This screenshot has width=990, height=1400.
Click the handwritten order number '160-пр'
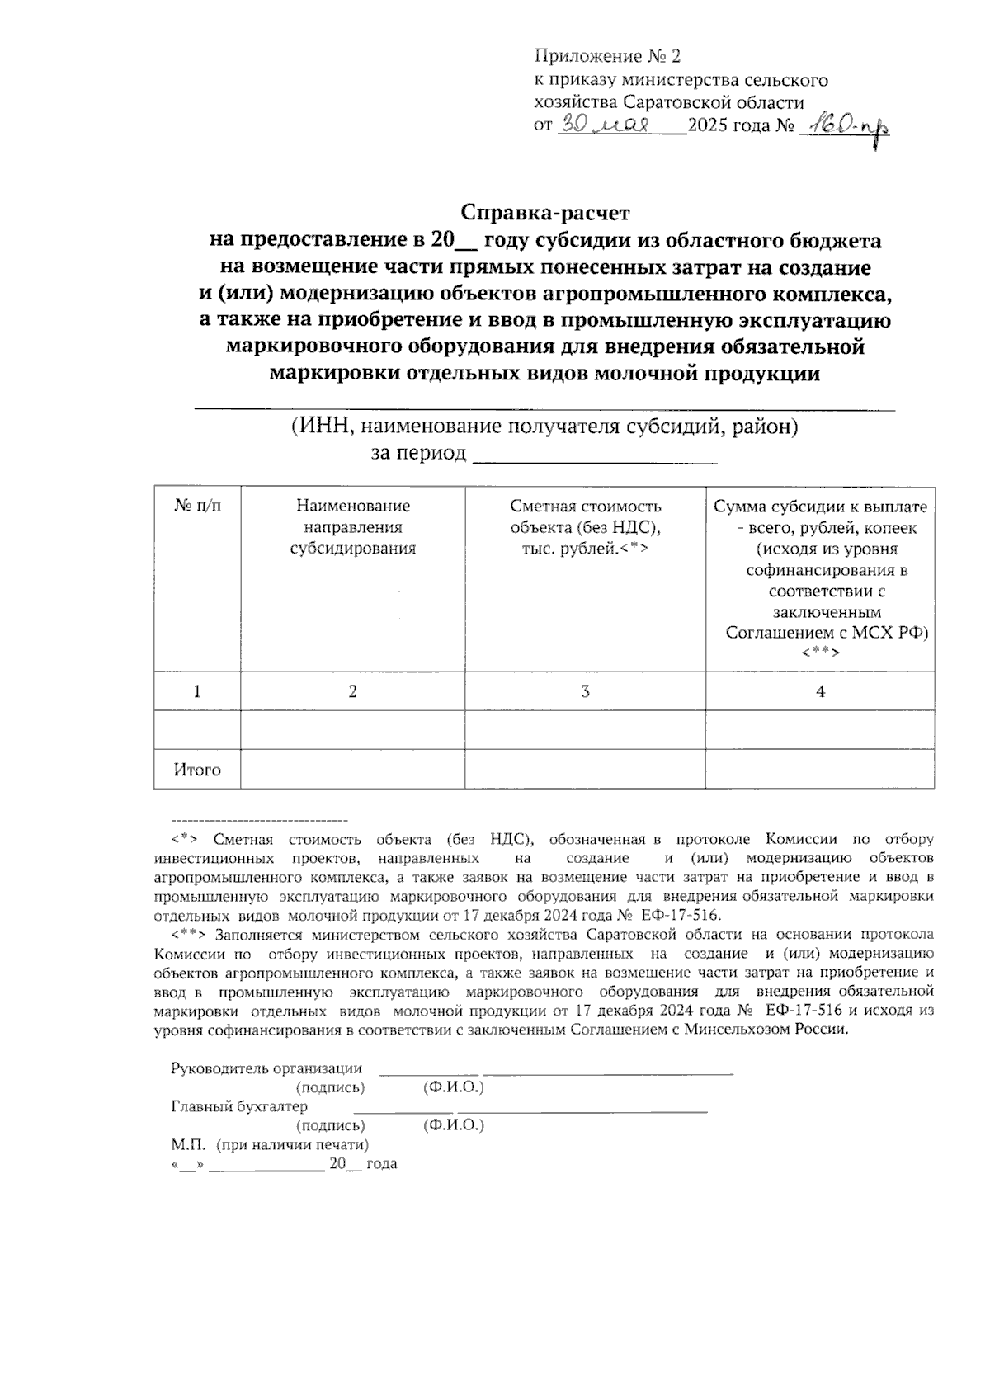[849, 126]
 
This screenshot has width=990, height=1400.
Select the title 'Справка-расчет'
[544, 213]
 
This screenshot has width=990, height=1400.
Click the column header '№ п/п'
[197, 506]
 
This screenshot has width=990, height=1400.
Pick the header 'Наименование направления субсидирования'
[352, 527]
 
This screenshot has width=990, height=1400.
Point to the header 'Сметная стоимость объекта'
[585, 527]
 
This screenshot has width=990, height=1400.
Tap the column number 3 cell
[585, 691]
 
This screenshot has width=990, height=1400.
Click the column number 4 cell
[820, 691]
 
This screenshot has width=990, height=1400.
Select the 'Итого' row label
[197, 770]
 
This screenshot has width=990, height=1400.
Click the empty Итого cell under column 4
[820, 770]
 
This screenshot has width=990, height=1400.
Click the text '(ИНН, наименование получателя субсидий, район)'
[544, 427]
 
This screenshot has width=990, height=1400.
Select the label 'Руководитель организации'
[266, 1068]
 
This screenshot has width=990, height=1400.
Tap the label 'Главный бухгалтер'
[239, 1106]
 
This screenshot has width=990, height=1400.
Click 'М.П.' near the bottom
[181, 1145]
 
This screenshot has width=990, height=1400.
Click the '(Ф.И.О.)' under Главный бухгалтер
[453, 1125]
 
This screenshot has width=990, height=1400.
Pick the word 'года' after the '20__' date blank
[382, 1164]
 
